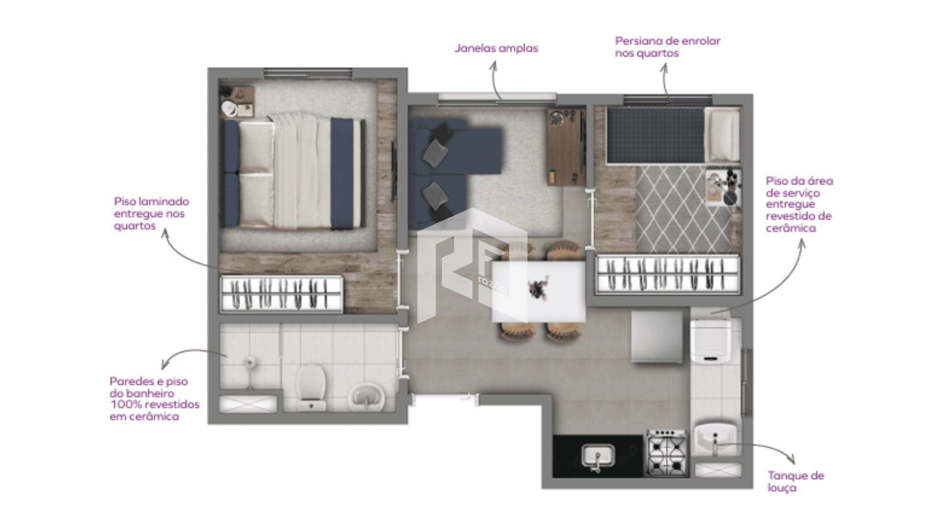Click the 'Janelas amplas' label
pyautogui.click(x=496, y=48)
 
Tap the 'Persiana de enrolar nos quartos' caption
pyautogui.click(x=667, y=47)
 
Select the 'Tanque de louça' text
pyautogui.click(x=796, y=481)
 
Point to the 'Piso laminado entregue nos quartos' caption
pyautogui.click(x=152, y=213)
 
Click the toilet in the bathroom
pyautogui.click(x=311, y=388)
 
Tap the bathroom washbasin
pyautogui.click(x=367, y=396)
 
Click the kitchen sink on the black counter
pyautogui.click(x=598, y=457)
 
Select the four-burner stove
pyautogui.click(x=667, y=453)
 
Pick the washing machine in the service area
pyautogui.click(x=710, y=340)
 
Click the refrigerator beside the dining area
pyautogui.click(x=657, y=337)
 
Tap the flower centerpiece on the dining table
pyautogui.click(x=538, y=288)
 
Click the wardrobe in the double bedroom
pyautogui.click(x=282, y=294)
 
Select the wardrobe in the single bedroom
pyautogui.click(x=668, y=274)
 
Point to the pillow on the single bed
pyautogui.click(x=722, y=135)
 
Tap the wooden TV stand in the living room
pyautogui.click(x=566, y=147)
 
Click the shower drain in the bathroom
pyautogui.click(x=251, y=362)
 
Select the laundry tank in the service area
pyautogui.click(x=715, y=439)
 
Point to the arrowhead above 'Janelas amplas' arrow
pyautogui.click(x=493, y=65)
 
